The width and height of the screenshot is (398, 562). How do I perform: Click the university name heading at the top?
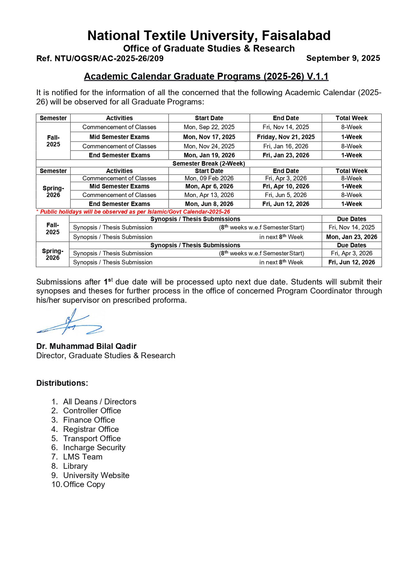pyautogui.click(x=209, y=35)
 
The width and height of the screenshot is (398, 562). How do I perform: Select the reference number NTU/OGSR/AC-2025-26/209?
pyautogui.click(x=100, y=58)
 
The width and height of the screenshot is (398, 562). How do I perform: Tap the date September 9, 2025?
pyautogui.click(x=343, y=58)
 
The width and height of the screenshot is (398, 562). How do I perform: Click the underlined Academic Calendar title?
pyautogui.click(x=206, y=76)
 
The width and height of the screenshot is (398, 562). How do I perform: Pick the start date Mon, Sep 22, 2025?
pyautogui.click(x=209, y=127)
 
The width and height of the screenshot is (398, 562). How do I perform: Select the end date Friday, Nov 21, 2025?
pyautogui.click(x=285, y=137)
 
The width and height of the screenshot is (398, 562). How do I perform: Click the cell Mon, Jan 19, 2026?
pyautogui.click(x=209, y=155)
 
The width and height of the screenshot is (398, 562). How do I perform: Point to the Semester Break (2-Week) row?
pyautogui.click(x=209, y=163)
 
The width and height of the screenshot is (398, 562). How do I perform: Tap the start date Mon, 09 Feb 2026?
pyautogui.click(x=209, y=178)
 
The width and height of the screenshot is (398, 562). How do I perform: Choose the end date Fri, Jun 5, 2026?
pyautogui.click(x=285, y=195)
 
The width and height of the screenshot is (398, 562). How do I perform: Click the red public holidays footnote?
pyautogui.click(x=133, y=212)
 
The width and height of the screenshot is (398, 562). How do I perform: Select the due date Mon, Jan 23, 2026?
pyautogui.click(x=351, y=237)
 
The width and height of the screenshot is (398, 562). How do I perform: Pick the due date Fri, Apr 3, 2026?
pyautogui.click(x=351, y=253)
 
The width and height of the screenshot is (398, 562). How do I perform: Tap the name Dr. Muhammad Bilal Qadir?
pyautogui.click(x=86, y=346)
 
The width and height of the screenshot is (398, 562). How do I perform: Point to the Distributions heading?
pyautogui.click(x=62, y=383)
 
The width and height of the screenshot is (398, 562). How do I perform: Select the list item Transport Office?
pyautogui.click(x=92, y=438)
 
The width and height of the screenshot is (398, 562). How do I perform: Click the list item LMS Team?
pyautogui.click(x=83, y=457)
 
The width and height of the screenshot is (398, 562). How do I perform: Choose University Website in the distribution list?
pyautogui.click(x=96, y=475)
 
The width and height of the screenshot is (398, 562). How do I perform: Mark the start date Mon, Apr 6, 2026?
pyautogui.click(x=209, y=186)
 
